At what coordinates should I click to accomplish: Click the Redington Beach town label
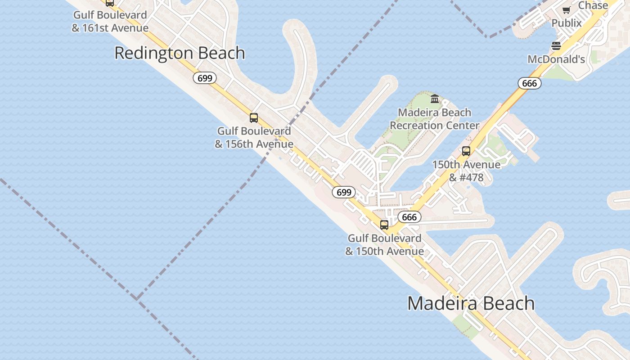[180, 53]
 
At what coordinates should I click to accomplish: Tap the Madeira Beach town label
[471, 303]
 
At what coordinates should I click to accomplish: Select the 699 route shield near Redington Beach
[205, 78]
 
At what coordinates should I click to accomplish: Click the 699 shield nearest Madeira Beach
[343, 192]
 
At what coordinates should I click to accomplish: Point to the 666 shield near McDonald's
[529, 83]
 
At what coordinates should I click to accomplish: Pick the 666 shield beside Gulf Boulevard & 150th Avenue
[409, 217]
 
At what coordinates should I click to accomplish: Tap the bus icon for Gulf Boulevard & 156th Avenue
[254, 118]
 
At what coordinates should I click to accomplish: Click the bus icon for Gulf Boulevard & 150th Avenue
[384, 225]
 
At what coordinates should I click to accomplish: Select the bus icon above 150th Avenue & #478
[466, 151]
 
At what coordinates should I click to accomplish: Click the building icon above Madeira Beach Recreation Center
[435, 99]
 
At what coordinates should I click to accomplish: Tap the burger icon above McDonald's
[556, 46]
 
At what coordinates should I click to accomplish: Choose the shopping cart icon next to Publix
[566, 10]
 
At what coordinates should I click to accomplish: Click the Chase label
[593, 5]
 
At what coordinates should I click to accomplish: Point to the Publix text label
[567, 23]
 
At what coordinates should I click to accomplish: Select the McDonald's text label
[556, 59]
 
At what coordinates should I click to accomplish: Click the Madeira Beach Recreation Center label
[434, 119]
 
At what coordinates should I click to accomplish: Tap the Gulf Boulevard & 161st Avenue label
[110, 22]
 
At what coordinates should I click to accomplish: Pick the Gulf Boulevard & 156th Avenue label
[254, 138]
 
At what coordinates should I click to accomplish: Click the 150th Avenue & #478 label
[466, 171]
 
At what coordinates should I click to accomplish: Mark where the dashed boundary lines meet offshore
[137, 298]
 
